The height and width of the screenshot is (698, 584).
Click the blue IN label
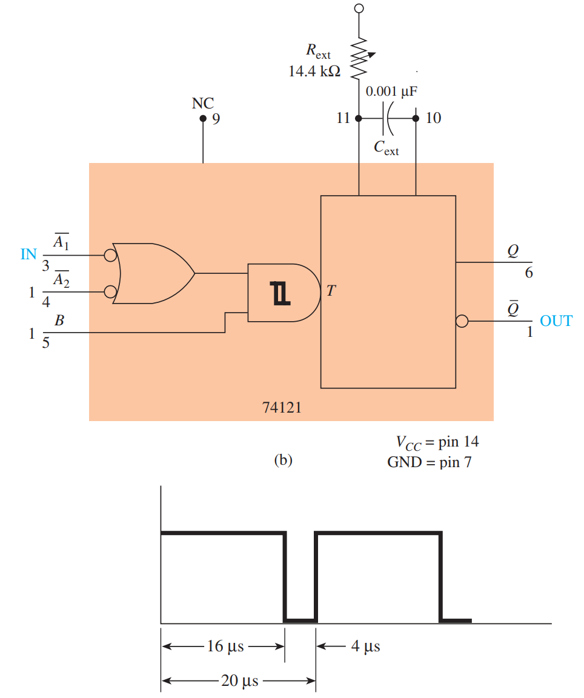tap(29, 254)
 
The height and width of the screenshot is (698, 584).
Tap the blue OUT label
tap(556, 321)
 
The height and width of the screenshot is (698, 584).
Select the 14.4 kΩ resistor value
tap(314, 71)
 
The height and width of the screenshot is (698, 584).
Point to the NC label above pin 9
tap(203, 103)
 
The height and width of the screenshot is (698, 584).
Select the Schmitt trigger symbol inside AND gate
tap(281, 293)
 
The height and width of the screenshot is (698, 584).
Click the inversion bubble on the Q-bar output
tap(462, 321)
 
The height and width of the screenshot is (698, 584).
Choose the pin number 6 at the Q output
tap(529, 273)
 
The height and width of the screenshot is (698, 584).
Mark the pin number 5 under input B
tap(46, 343)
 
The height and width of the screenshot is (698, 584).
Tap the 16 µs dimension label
tap(225, 646)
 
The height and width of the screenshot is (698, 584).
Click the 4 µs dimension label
tap(365, 646)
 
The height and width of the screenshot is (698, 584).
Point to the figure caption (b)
tap(283, 460)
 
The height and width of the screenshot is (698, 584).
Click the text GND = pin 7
tap(429, 463)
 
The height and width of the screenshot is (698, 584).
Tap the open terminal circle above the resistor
tap(359, 8)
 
